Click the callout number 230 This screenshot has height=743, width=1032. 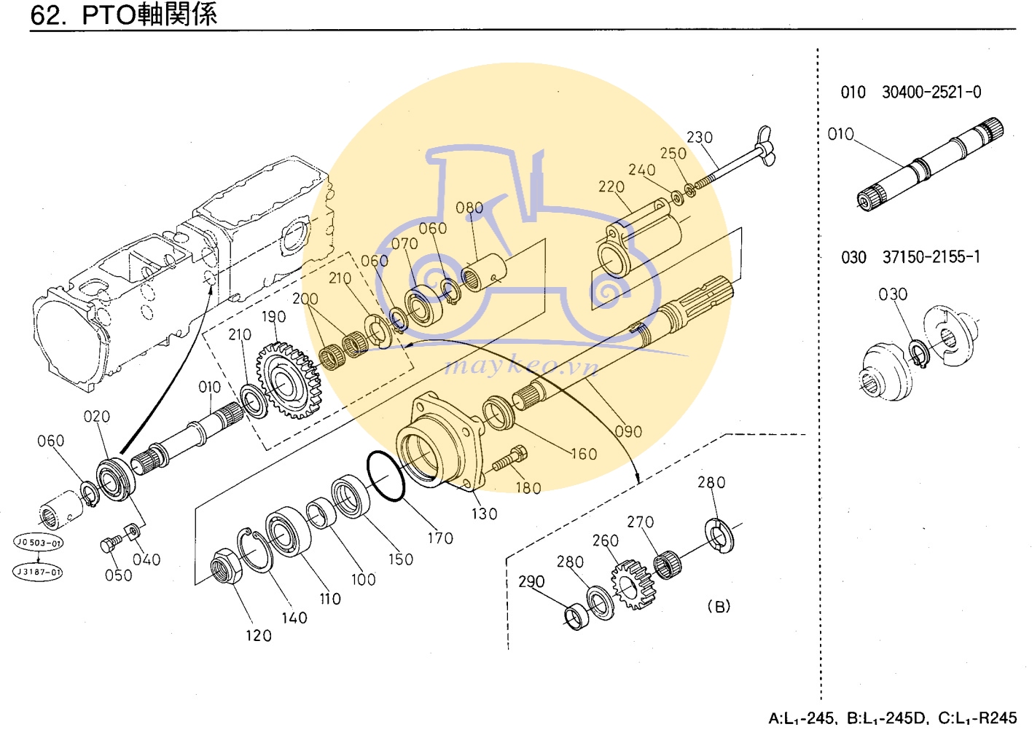click(x=699, y=138)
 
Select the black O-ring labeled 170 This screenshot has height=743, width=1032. click(x=386, y=476)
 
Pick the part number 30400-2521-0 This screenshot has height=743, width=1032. click(x=931, y=93)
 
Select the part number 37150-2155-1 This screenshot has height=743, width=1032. click(x=931, y=257)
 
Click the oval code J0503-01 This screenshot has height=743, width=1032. click(x=39, y=543)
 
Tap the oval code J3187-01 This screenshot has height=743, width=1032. click(x=39, y=572)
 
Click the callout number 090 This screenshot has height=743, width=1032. click(x=628, y=431)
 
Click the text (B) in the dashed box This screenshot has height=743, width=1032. click(x=719, y=607)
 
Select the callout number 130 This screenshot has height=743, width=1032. click(x=484, y=514)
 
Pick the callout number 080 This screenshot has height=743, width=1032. click(x=469, y=208)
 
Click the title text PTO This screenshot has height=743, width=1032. click(x=109, y=15)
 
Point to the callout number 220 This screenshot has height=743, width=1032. click(x=611, y=187)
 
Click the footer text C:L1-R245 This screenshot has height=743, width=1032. click(x=977, y=718)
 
